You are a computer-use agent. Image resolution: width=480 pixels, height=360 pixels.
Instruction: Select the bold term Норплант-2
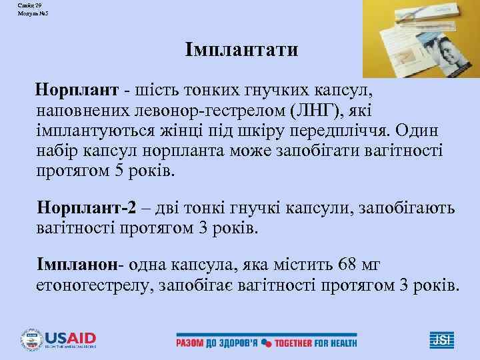pyautogui.click(x=86, y=209)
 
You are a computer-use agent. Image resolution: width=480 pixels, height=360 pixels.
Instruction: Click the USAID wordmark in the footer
pyautogui.click(x=70, y=337)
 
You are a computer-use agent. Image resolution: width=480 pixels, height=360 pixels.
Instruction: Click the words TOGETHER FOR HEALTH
pyautogui.click(x=317, y=343)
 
